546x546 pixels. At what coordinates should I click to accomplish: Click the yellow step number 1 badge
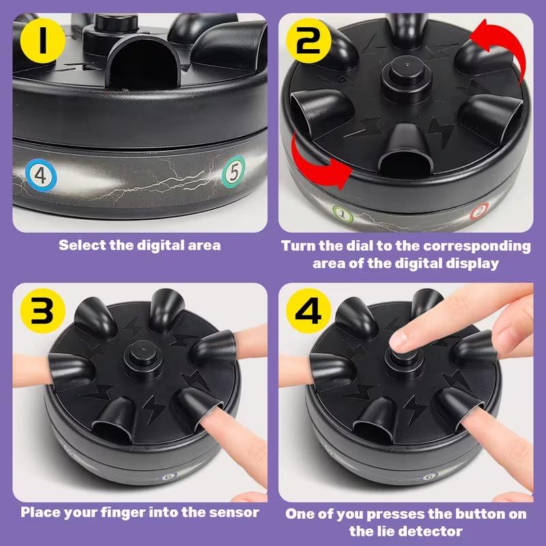pyautogui.click(x=42, y=41)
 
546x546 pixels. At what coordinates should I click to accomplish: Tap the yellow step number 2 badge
pyautogui.click(x=308, y=41)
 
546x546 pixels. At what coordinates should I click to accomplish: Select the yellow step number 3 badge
pyautogui.click(x=42, y=311)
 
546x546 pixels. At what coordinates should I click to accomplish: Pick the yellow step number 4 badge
pyautogui.click(x=308, y=311)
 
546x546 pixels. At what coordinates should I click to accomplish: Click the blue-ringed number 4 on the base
pyautogui.click(x=41, y=175)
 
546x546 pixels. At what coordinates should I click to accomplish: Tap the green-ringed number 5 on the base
pyautogui.click(x=233, y=172)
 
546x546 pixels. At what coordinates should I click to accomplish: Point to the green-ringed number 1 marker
pyautogui.click(x=343, y=214)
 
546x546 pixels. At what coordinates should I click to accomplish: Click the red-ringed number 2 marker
pyautogui.click(x=479, y=211)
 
